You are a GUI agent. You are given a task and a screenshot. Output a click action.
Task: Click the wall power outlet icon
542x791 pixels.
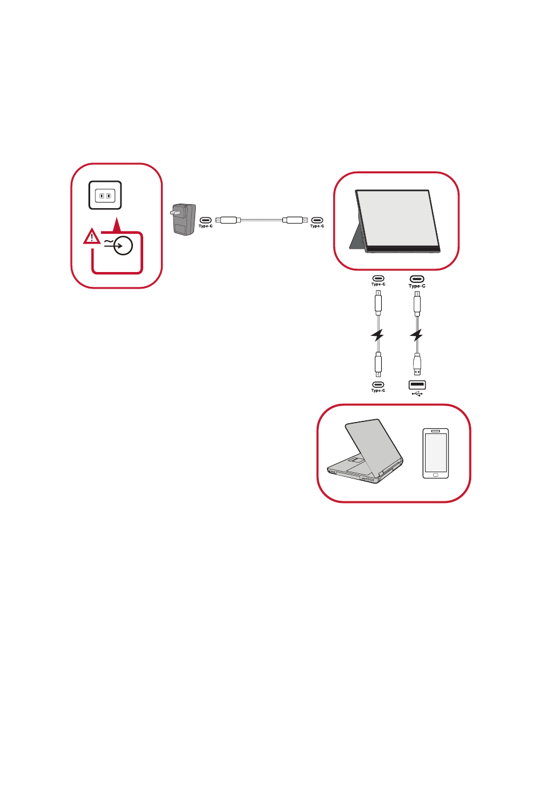click(105, 195)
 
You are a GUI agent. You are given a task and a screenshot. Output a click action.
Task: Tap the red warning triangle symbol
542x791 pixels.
click(92, 236)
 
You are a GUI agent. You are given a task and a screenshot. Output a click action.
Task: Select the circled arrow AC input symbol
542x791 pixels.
click(123, 245)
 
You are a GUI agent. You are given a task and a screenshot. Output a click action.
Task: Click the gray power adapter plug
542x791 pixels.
click(183, 220)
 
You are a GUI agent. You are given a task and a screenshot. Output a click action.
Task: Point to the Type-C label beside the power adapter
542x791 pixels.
click(205, 226)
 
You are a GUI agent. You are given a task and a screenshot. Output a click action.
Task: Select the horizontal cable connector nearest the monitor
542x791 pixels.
click(295, 220)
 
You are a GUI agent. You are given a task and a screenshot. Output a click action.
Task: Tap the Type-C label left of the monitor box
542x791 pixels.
click(317, 226)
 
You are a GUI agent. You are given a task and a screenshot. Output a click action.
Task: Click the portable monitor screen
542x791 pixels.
click(398, 218)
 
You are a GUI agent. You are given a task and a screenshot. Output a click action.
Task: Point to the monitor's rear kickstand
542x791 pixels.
click(357, 237)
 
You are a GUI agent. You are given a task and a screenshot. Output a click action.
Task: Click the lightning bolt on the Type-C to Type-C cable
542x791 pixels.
click(378, 335)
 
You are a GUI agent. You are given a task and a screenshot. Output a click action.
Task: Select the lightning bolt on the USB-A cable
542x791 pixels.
click(416, 335)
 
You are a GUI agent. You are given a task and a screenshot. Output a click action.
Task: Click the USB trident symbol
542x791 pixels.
click(417, 394)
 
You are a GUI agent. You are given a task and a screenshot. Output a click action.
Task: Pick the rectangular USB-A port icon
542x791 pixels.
click(417, 384)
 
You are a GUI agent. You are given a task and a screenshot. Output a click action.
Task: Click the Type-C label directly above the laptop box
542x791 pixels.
click(378, 391)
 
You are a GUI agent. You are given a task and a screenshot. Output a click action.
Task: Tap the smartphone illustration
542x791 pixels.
click(436, 453)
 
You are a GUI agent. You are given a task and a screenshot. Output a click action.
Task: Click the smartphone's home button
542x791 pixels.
click(436, 475)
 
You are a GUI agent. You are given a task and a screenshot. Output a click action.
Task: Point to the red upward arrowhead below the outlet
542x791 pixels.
click(116, 225)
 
